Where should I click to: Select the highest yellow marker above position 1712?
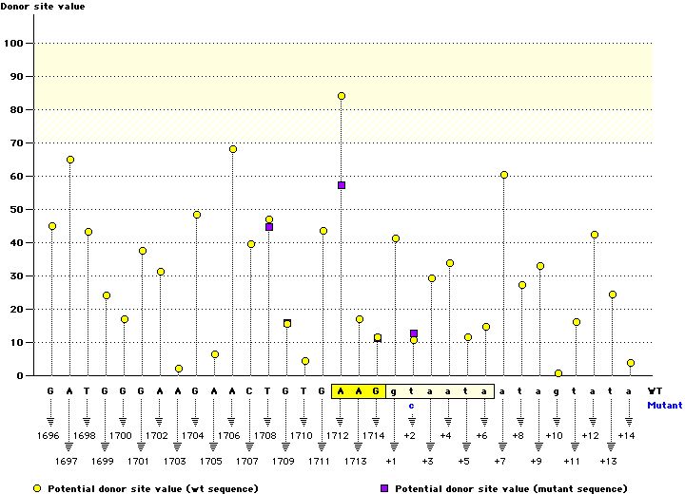(x=341, y=96)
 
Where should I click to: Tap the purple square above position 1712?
(x=341, y=185)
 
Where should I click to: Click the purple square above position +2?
(x=414, y=333)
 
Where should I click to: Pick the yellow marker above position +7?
(x=504, y=175)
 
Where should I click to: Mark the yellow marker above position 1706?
(x=233, y=149)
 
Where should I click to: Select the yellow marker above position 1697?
(x=70, y=160)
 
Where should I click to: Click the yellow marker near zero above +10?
(x=558, y=373)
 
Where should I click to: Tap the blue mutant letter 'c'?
(x=412, y=405)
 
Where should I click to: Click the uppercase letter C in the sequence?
(x=250, y=390)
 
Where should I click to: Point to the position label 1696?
(x=49, y=435)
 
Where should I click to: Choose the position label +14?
(x=625, y=435)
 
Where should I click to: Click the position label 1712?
(x=338, y=435)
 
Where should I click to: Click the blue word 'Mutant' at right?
(x=664, y=405)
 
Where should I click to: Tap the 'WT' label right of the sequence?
(x=655, y=390)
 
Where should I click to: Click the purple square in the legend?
(x=385, y=487)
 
